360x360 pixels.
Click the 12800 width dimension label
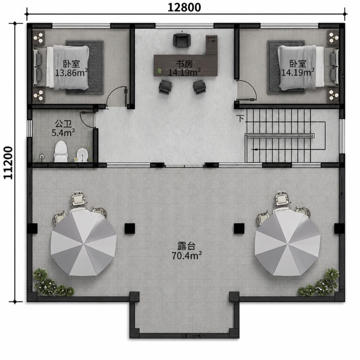184,7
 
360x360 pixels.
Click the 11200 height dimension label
8,162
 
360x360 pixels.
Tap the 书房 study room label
184,64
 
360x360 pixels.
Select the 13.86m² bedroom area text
71,73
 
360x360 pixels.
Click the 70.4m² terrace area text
186,255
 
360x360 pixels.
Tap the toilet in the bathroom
61,152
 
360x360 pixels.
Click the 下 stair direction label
240,119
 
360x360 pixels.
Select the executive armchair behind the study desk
182,40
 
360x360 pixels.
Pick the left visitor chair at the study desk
165,86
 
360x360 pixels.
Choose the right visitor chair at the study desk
199,87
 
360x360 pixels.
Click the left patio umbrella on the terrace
84,243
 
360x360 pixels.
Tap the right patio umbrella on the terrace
288,243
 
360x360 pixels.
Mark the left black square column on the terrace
130,229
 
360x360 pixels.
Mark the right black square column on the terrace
239,229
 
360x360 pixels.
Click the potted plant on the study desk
159,70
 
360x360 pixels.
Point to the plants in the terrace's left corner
52,283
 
